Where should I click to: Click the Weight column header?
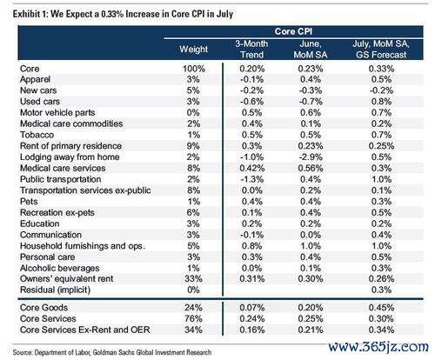click(x=193, y=50)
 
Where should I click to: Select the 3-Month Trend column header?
click(x=251, y=50)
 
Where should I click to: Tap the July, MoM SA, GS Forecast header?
click(x=381, y=50)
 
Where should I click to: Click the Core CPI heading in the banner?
click(x=293, y=31)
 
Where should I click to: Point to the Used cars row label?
click(x=40, y=102)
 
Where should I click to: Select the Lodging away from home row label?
click(x=70, y=157)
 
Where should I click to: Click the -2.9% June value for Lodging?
click(x=311, y=157)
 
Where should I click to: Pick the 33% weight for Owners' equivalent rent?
click(x=193, y=279)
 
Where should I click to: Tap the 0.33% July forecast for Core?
click(x=381, y=69)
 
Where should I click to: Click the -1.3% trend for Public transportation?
click(x=252, y=179)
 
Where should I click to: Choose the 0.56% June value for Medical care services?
click(x=311, y=168)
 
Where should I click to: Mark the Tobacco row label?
click(x=37, y=135)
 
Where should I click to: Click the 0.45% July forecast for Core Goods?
click(x=381, y=308)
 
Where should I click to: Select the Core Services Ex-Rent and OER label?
click(x=85, y=330)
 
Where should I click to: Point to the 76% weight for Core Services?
click(x=193, y=319)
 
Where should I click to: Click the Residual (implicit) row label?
click(x=55, y=290)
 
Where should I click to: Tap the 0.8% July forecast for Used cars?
click(x=381, y=102)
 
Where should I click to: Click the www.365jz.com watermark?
click(x=378, y=346)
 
